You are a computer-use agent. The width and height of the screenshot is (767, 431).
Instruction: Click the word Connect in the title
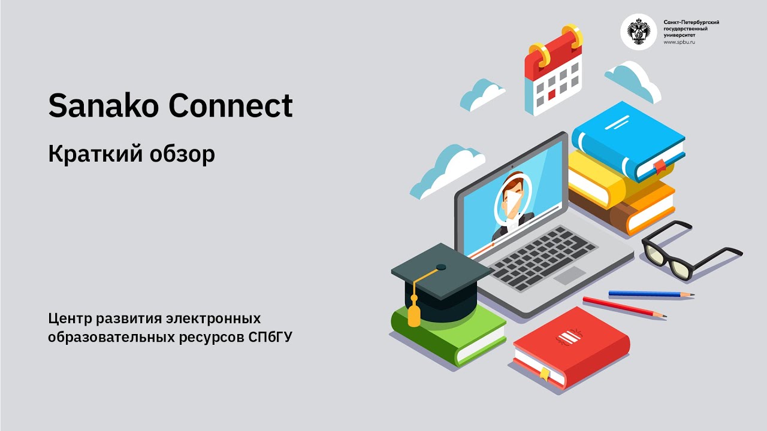[231, 106]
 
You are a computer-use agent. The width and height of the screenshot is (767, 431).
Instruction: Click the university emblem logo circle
[638, 32]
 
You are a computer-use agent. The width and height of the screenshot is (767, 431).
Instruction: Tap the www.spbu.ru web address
[680, 43]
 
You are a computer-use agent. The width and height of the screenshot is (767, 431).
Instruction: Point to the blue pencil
[651, 294]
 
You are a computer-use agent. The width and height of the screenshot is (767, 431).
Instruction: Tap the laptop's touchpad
[569, 275]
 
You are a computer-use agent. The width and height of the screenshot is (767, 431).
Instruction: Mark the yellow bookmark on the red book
[544, 374]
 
